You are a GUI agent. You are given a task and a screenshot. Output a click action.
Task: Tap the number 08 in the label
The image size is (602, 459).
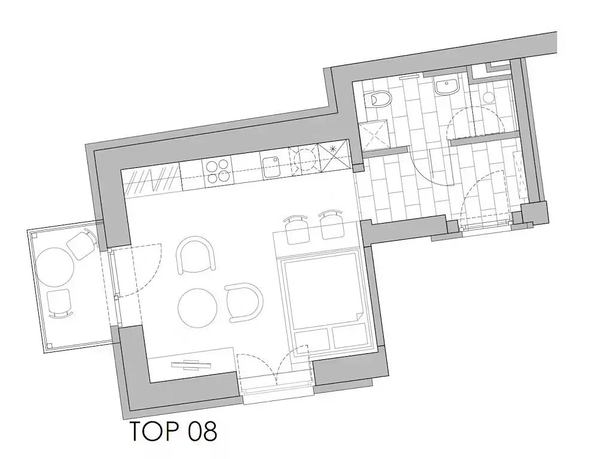(203, 431)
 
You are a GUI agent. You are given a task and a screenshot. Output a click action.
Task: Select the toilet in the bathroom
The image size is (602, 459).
(380, 100)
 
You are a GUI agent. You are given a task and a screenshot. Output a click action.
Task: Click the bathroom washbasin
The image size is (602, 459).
(447, 86)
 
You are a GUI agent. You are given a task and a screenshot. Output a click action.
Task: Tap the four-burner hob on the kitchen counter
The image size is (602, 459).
(218, 171)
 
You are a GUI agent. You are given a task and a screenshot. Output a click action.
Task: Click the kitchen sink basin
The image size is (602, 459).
(271, 166)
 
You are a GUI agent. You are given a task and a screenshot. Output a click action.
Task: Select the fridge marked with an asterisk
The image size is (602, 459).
(334, 156)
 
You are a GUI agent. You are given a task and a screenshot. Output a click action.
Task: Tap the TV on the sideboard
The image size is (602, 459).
(191, 365)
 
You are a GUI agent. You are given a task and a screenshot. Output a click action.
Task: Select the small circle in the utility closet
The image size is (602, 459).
(488, 97)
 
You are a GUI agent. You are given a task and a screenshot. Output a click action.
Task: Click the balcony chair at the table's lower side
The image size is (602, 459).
(59, 303)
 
